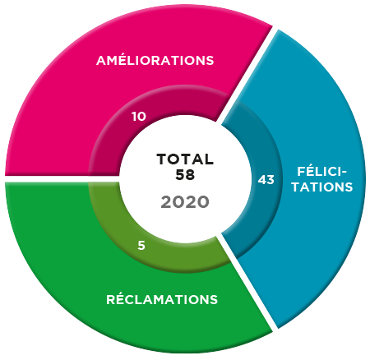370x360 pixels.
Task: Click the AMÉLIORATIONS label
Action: click(x=155, y=59)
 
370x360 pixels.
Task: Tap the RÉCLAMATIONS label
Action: click(x=162, y=298)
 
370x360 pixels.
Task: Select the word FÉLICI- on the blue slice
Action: click(x=321, y=172)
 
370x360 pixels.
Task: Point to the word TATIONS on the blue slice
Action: click(x=322, y=187)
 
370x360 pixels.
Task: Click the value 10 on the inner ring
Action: click(x=139, y=117)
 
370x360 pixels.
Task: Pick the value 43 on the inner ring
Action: click(x=266, y=180)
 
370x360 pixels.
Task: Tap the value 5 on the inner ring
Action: click(x=141, y=245)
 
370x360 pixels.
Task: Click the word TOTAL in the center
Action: click(x=185, y=159)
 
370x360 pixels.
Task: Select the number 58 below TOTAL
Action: click(x=185, y=174)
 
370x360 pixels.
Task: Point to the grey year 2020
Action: click(x=185, y=202)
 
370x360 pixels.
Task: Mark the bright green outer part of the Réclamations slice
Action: click(x=68, y=261)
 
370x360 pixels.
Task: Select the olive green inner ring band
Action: click(x=109, y=219)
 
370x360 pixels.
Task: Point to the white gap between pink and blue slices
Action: click(x=247, y=75)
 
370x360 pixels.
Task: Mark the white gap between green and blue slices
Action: click(x=247, y=283)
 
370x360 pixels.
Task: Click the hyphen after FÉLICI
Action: click(x=344, y=173)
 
